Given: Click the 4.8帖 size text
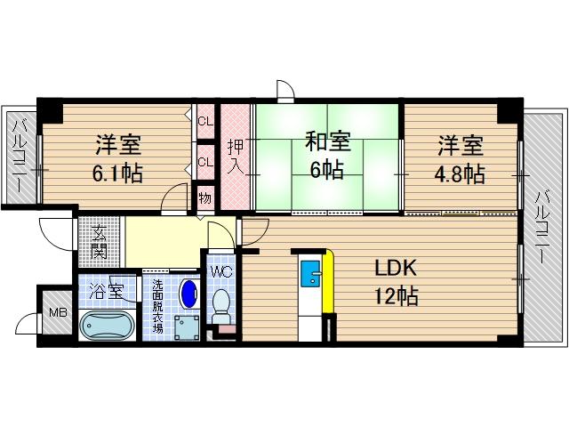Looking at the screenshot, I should click(x=460, y=173).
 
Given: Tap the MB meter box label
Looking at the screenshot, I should click(x=57, y=311).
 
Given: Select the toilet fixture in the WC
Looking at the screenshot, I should click(x=220, y=306).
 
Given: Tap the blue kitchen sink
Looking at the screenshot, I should click(x=310, y=274).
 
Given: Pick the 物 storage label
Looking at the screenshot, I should click(x=204, y=198).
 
